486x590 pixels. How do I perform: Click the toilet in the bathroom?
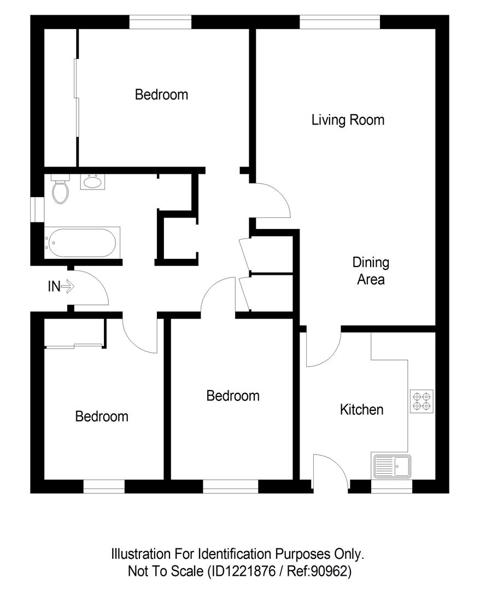coord(60,189)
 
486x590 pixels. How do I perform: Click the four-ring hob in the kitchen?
coord(421,401)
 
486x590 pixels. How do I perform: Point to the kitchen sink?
coord(392,466)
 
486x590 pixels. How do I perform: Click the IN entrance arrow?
coord(68,286)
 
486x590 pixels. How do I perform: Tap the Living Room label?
coord(348,120)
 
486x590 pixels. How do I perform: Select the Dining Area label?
coord(371,271)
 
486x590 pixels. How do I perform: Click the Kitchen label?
coord(361,409)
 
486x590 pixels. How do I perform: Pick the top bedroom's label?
coord(161,95)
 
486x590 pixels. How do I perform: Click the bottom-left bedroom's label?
coord(102,416)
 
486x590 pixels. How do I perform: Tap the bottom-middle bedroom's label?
coord(232,396)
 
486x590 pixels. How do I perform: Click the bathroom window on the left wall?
coord(38,210)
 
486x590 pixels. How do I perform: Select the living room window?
coord(339,22)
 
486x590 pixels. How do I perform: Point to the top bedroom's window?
coord(160,22)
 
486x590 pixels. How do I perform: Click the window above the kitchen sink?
coord(391,486)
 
